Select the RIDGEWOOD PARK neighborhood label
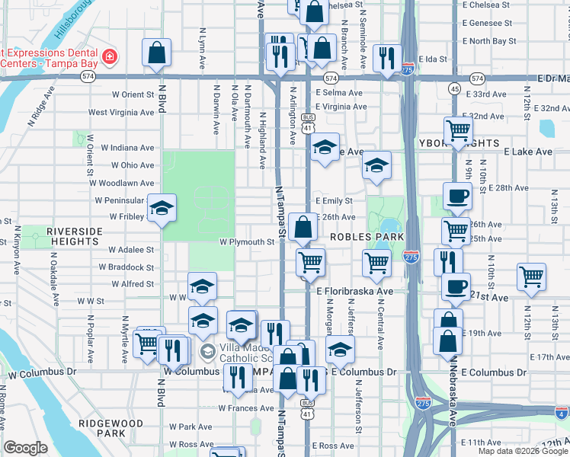coord(110,427)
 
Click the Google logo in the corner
coord(25,448)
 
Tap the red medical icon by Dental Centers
coord(110,56)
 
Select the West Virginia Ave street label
coord(121,112)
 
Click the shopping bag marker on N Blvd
coord(155,53)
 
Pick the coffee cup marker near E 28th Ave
coord(457,197)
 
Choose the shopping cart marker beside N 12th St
coord(531,277)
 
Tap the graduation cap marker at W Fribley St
coord(162,208)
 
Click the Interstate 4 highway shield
coord(561,414)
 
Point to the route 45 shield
coord(454,89)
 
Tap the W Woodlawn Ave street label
coord(121,183)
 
